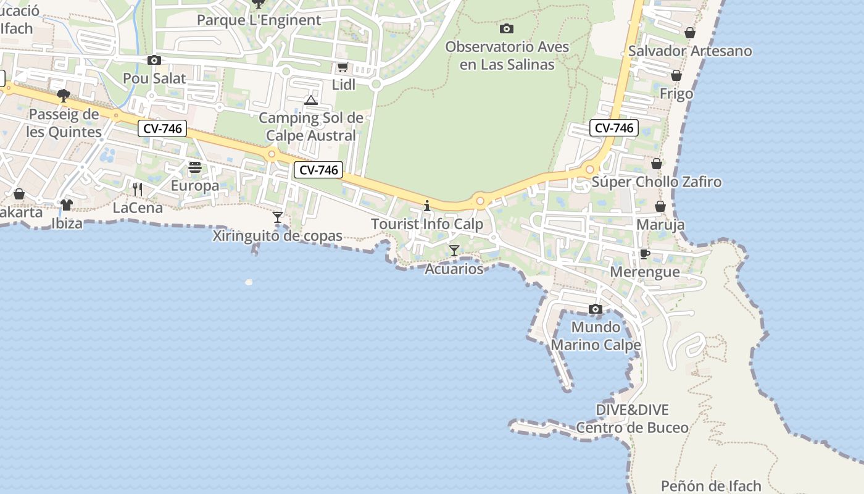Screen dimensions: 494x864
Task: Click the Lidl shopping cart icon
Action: [x=343, y=67]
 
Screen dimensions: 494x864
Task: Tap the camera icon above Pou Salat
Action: [x=154, y=60]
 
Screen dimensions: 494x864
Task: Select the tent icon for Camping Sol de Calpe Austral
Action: [x=310, y=100]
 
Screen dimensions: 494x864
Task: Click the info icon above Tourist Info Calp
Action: [x=426, y=206]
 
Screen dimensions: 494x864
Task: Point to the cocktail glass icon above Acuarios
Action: [x=454, y=250]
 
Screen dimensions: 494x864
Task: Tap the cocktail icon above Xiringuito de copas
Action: [x=278, y=217]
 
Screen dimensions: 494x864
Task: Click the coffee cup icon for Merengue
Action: [x=644, y=254]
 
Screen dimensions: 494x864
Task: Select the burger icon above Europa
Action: [x=195, y=167]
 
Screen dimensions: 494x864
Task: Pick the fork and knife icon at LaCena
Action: [x=138, y=189]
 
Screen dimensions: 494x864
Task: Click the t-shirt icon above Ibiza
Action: [x=66, y=204]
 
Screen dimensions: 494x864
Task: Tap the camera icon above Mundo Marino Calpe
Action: [x=596, y=309]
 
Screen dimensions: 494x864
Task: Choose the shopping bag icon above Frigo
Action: [x=676, y=75]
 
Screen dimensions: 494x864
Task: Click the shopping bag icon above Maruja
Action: [x=660, y=206]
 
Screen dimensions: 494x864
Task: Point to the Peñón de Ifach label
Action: [x=711, y=486]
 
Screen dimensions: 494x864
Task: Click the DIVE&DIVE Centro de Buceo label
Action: [x=633, y=419]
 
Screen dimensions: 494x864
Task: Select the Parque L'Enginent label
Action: [x=259, y=20]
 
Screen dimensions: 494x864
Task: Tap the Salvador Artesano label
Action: [x=690, y=51]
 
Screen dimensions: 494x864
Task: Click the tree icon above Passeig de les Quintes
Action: [x=63, y=96]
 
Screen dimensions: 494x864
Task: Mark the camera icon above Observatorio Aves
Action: [x=507, y=28]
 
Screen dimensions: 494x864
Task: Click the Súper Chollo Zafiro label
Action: [x=657, y=182]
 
